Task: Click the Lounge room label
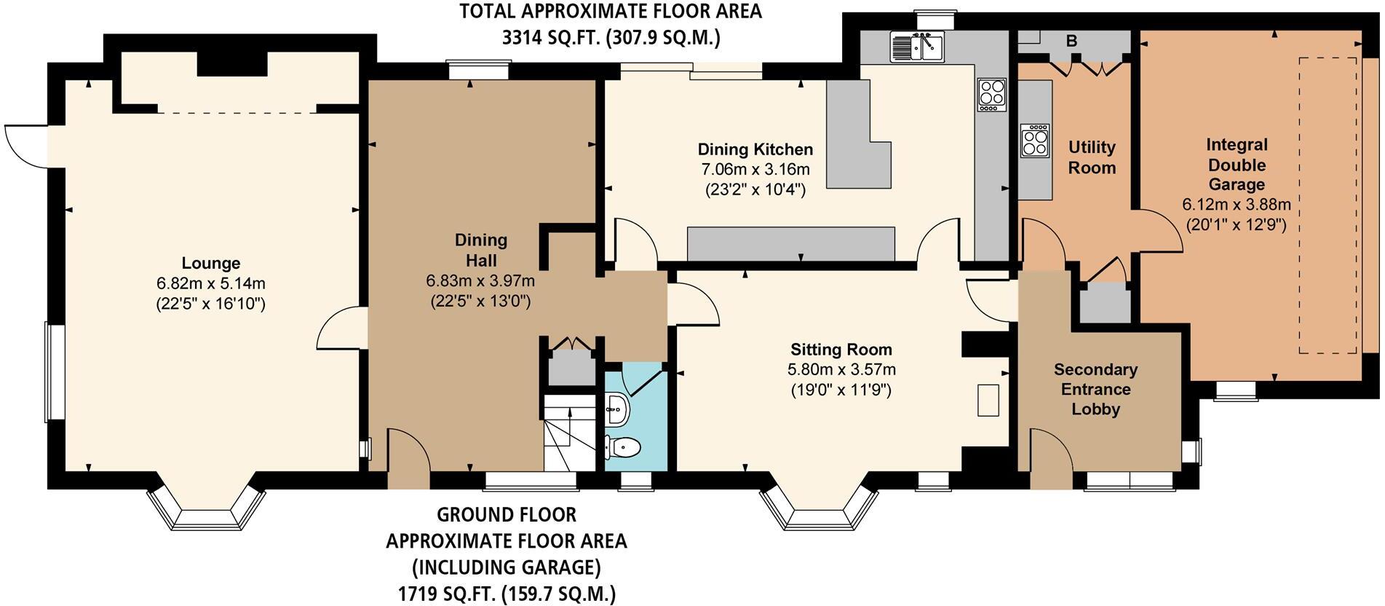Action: tap(210, 263)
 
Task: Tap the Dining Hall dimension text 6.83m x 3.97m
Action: tap(480, 280)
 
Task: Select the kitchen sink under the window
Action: tap(916, 47)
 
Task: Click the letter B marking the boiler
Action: tap(1071, 42)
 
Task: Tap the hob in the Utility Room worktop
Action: tap(1035, 141)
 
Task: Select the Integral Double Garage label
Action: tap(1236, 165)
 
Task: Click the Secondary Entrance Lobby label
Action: tap(1095, 389)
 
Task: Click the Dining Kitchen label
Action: tap(755, 150)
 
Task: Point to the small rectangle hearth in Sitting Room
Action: tap(988, 400)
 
